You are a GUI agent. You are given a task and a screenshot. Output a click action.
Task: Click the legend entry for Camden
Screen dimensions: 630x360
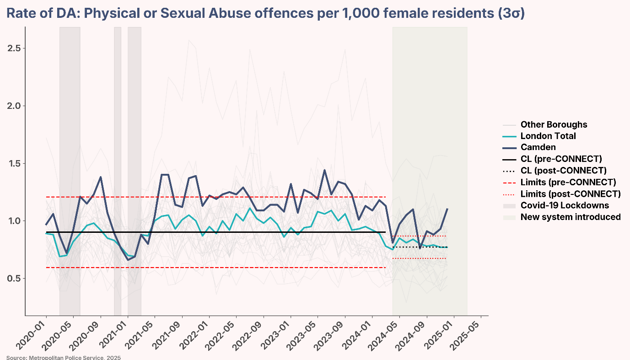[x=538, y=147]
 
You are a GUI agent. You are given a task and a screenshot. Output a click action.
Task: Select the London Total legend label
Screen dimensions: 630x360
[x=548, y=136]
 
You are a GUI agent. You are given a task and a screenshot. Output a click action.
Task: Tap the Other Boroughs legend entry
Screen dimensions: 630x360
[x=554, y=124]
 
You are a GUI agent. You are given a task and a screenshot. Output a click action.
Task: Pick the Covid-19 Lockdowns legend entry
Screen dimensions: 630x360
[x=565, y=205]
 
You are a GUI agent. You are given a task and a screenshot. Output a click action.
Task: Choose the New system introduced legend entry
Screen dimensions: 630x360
[x=571, y=217]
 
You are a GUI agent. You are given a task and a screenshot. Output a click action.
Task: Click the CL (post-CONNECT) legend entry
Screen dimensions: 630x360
[x=563, y=171]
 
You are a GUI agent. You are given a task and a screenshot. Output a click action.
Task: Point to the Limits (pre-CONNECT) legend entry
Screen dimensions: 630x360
[x=568, y=182]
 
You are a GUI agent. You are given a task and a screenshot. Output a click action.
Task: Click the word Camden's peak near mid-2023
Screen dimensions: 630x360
[x=324, y=170]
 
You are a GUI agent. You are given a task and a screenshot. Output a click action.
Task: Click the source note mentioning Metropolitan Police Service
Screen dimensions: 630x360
[x=64, y=357]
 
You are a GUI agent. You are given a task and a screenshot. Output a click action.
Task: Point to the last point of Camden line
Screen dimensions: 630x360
[x=447, y=209]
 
